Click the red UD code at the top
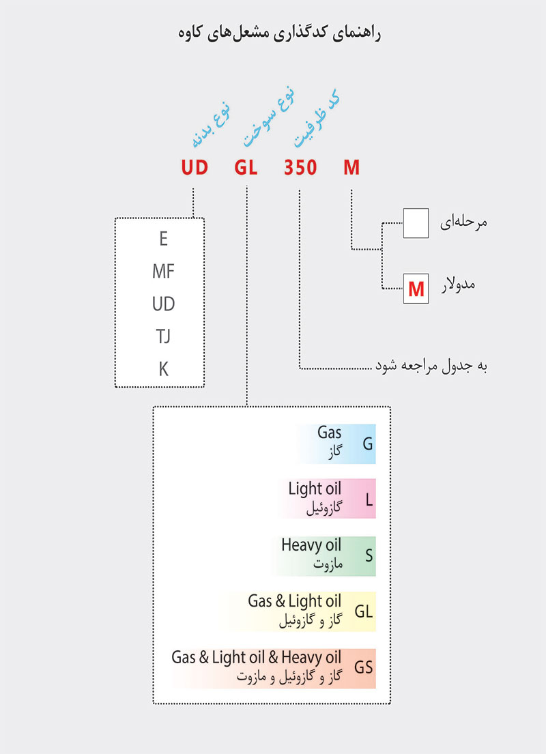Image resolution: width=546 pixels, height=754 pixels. click(195, 167)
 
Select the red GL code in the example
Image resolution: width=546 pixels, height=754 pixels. click(246, 167)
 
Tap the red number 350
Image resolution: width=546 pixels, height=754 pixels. click(300, 167)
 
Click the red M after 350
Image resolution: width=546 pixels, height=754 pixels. click(351, 167)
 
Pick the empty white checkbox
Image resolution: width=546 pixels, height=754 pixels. click(416, 224)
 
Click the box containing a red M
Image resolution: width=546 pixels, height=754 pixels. click(416, 289)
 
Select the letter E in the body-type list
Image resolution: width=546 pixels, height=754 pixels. click(163, 240)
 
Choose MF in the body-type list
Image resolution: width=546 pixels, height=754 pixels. click(163, 272)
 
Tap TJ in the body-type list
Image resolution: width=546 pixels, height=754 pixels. click(163, 337)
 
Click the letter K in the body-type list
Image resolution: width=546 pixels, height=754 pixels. click(163, 369)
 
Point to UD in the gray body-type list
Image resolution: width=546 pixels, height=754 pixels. click(163, 304)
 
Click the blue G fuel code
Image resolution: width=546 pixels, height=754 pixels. click(368, 444)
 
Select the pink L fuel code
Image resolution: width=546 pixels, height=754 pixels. click(369, 499)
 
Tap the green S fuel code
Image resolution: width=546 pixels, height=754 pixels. click(369, 555)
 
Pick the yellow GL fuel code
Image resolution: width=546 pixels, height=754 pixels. click(364, 611)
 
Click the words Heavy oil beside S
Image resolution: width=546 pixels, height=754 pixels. click(311, 545)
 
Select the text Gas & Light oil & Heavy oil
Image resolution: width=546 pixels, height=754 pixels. click(256, 658)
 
